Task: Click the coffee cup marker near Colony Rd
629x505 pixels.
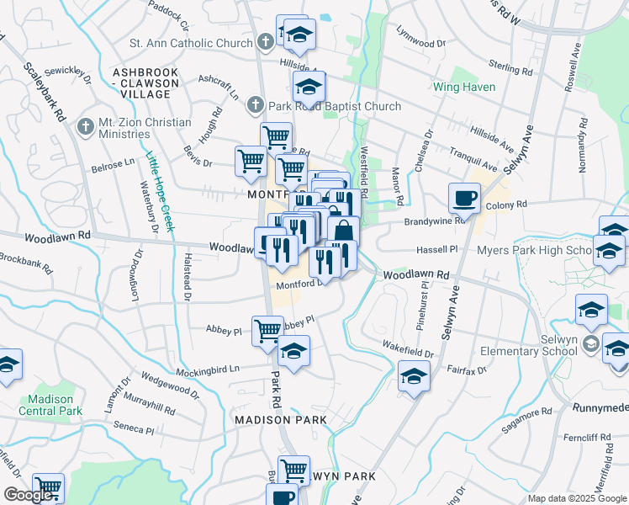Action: click(464, 199)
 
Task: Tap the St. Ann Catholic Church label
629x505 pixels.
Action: click(191, 43)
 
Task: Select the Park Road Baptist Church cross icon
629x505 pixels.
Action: click(256, 106)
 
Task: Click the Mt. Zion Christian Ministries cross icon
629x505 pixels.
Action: click(84, 127)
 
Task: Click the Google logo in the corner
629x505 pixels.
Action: click(28, 495)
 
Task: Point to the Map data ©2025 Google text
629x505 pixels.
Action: click(577, 498)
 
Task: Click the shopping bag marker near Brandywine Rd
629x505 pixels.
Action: click(343, 231)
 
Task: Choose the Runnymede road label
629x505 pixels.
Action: click(601, 407)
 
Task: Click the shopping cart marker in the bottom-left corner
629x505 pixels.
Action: click(49, 487)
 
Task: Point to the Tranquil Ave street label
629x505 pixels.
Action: click(496, 161)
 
